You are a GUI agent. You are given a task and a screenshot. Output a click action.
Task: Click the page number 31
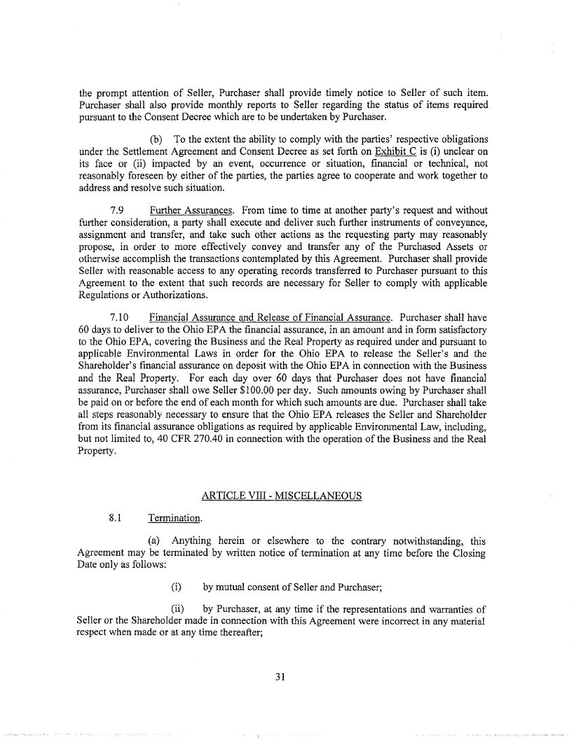[x=287, y=676]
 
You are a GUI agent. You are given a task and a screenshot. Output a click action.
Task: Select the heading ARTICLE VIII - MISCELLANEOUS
[x=281, y=496]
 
